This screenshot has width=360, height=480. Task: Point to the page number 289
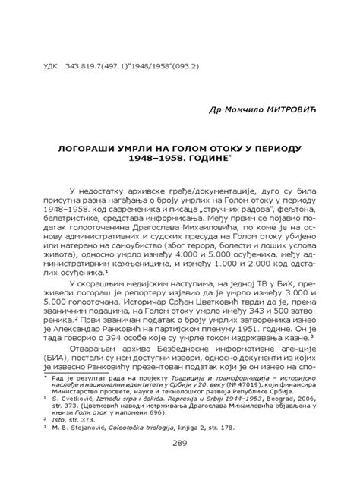(180, 444)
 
